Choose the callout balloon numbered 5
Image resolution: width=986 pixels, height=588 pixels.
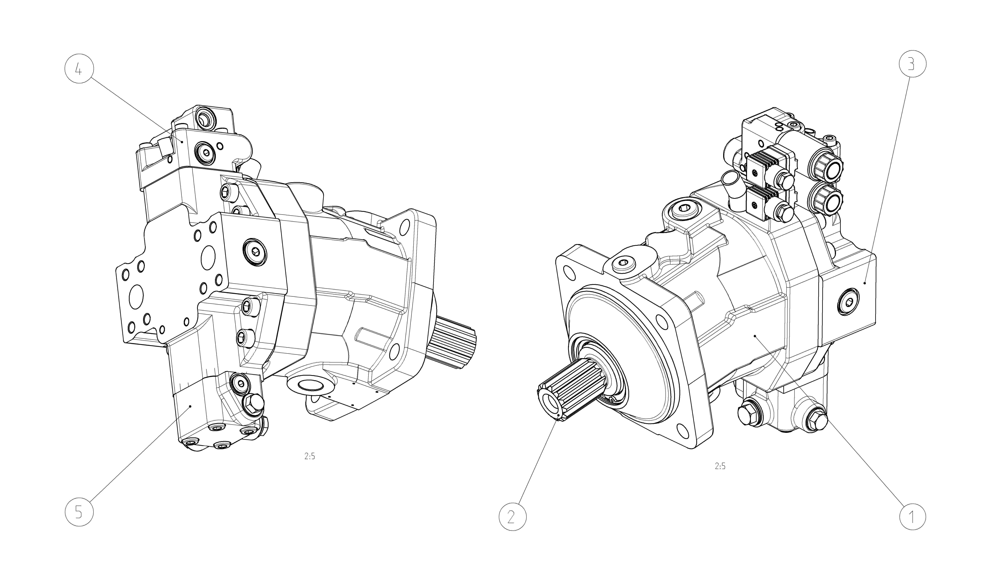point(79,512)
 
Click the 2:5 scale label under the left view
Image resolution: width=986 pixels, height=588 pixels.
point(310,456)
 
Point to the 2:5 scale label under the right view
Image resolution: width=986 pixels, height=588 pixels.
point(720,466)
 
